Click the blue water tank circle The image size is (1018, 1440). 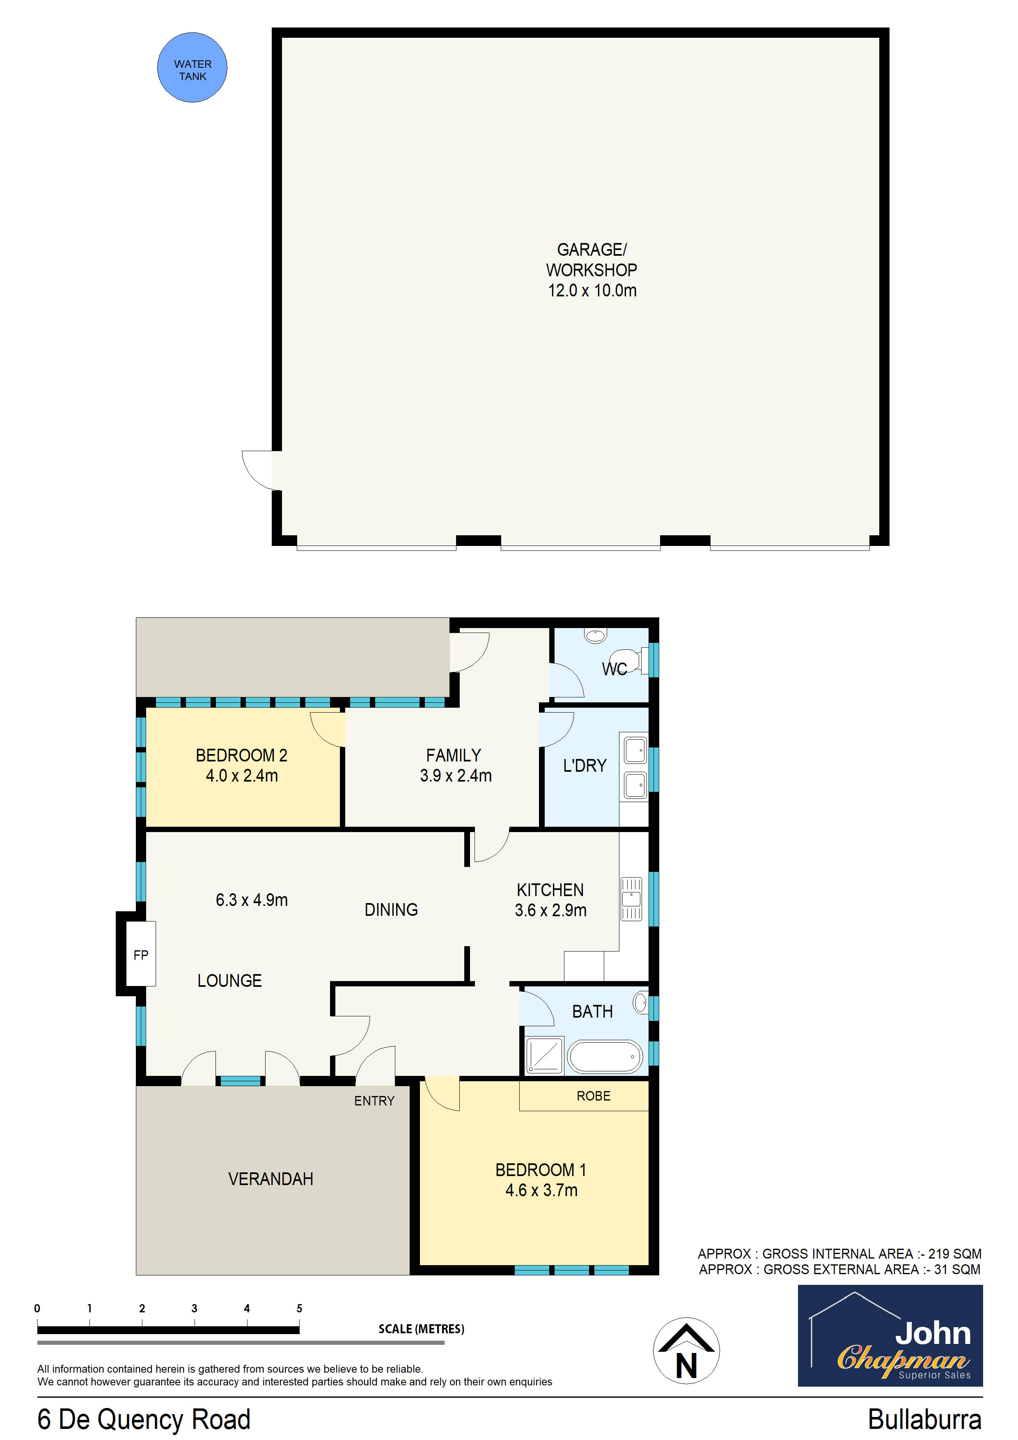tap(192, 68)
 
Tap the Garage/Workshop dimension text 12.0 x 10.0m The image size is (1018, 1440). tap(592, 290)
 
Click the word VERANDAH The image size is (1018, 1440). tap(271, 1179)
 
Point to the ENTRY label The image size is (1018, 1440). tap(374, 1101)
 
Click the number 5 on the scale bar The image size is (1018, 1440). tap(299, 1308)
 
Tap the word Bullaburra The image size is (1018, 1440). tap(924, 1419)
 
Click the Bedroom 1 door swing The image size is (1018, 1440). tap(441, 1093)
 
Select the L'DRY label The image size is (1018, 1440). tap(585, 766)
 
